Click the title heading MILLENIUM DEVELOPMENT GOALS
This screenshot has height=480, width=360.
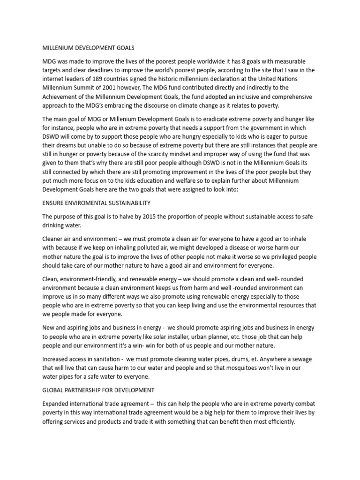tap(89, 47)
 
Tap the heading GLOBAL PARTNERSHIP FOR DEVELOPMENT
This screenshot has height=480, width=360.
tap(98, 390)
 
